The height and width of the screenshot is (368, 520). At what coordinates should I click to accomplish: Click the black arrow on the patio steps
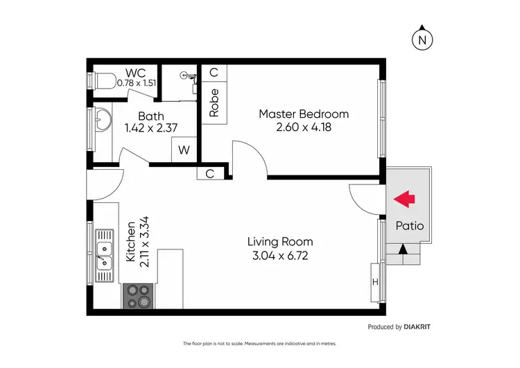(x=404, y=248)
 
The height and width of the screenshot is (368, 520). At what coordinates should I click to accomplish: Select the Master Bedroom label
(x=304, y=114)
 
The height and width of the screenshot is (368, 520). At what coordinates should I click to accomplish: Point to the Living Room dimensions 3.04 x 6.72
(x=281, y=255)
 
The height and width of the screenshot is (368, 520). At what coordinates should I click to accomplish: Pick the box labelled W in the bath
(x=184, y=149)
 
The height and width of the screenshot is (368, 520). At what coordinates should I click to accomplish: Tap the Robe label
(x=214, y=102)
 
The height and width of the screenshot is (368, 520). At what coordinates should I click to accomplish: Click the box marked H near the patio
(x=376, y=281)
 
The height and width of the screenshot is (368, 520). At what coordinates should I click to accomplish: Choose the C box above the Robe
(x=214, y=73)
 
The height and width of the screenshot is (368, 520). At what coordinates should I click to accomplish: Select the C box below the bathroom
(x=210, y=174)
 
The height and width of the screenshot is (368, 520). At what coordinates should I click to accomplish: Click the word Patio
(x=409, y=226)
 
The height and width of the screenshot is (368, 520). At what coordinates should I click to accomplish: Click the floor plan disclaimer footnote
(x=259, y=344)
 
